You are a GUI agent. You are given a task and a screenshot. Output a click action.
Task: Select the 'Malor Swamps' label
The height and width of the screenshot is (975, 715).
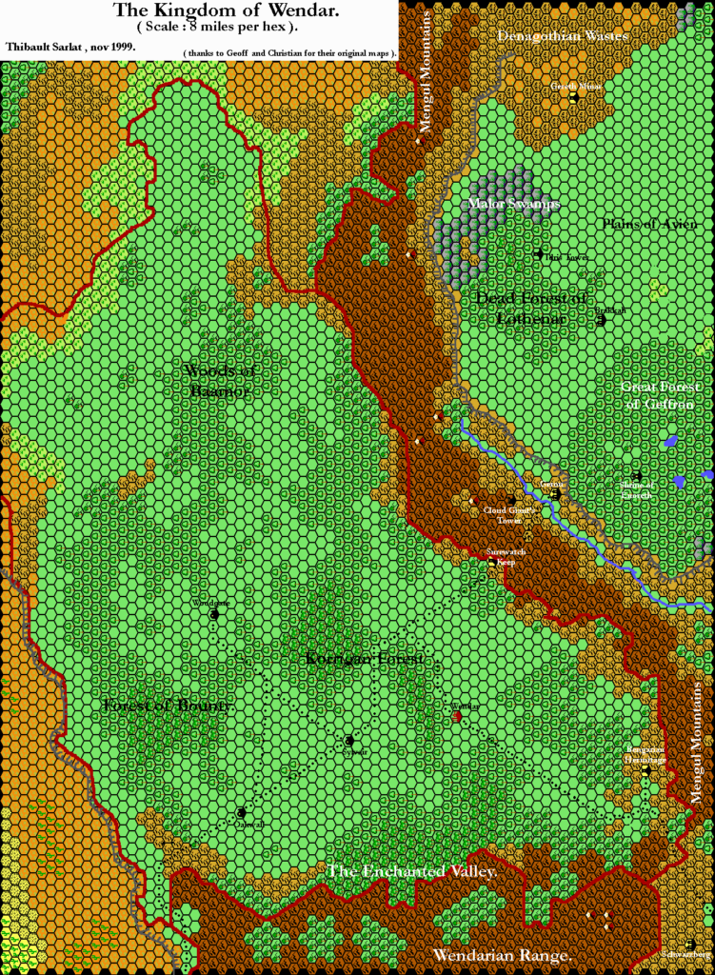514,204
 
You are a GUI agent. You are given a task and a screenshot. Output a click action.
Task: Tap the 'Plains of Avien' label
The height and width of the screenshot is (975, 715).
649,224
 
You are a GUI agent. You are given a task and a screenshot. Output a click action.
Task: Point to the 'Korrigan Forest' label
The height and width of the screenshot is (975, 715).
364,659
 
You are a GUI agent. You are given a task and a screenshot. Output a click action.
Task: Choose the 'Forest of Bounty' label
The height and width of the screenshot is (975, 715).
167,706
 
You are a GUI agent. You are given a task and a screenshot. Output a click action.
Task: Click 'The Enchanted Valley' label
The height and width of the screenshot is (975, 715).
412,871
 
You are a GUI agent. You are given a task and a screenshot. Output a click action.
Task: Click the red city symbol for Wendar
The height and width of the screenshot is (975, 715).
457,717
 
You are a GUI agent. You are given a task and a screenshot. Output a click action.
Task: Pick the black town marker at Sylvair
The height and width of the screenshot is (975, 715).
349,740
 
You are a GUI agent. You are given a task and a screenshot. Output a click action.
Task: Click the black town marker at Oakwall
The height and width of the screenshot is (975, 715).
242,813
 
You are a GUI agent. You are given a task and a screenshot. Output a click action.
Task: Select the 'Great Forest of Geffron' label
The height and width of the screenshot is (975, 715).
660,395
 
